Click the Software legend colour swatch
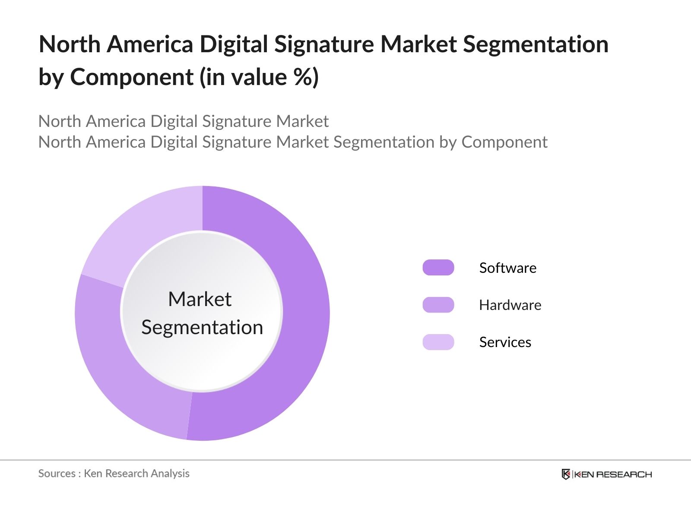pos(438,268)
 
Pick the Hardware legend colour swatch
pos(438,305)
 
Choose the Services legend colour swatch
pos(438,342)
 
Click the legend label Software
pos(508,268)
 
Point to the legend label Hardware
pos(510,305)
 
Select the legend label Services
pos(505,342)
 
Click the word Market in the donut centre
pos(200,299)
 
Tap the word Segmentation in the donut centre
pos(202,327)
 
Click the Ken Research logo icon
pos(566,474)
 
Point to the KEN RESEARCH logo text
pos(613,474)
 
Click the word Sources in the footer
pos(57,474)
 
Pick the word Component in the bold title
pos(132,77)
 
